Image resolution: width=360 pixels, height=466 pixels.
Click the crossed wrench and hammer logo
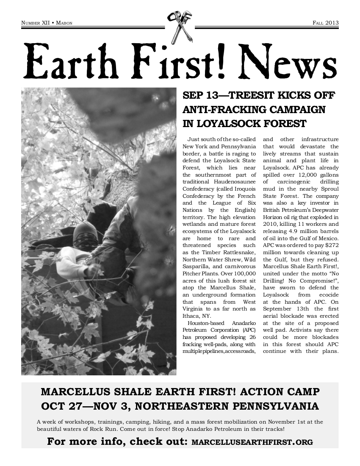tap(179, 26)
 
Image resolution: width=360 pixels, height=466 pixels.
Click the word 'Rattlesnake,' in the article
tap(235, 252)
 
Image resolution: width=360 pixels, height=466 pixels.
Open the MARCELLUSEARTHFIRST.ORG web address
tap(252, 442)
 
